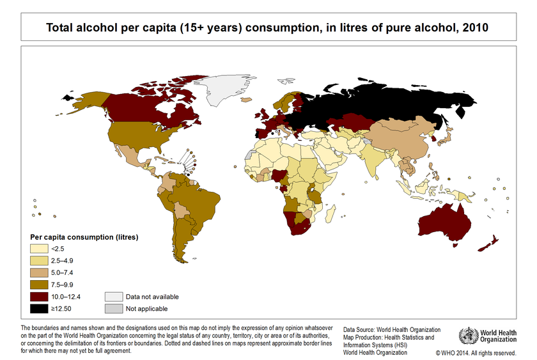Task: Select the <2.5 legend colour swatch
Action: click(x=40, y=249)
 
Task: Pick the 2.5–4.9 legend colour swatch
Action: click(x=40, y=261)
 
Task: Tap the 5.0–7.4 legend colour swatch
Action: click(x=40, y=273)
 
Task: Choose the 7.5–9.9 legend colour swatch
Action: click(x=40, y=285)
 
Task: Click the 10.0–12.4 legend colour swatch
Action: click(x=40, y=297)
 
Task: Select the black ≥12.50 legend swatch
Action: click(x=40, y=309)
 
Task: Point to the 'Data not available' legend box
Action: click(x=114, y=297)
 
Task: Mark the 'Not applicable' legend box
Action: click(x=114, y=309)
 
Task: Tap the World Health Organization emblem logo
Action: click(x=468, y=336)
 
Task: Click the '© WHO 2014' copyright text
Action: click(x=476, y=352)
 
